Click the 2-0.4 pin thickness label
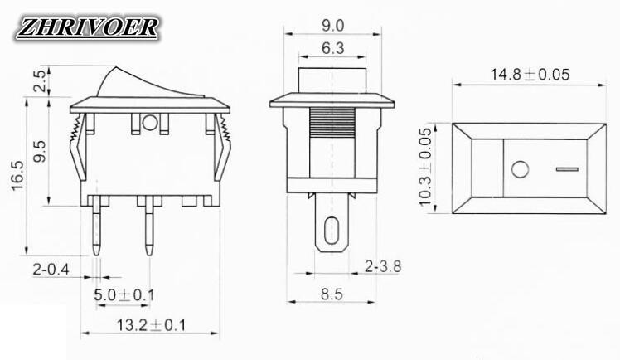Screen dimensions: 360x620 point(50,270)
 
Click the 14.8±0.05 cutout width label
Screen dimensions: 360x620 point(529,74)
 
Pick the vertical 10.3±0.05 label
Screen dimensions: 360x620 point(425,167)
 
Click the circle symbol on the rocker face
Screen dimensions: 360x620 point(521,171)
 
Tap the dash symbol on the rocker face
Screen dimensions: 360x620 point(566,171)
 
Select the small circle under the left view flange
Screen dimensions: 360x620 point(150,124)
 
